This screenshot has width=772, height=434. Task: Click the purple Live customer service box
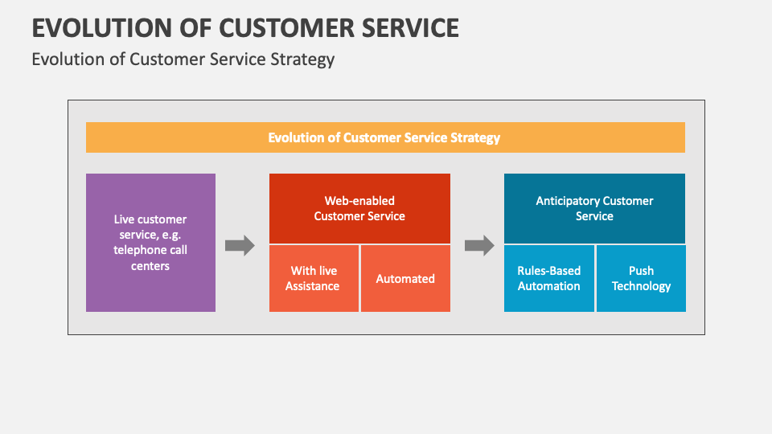point(150,242)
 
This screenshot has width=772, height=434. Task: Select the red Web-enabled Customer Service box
point(359,208)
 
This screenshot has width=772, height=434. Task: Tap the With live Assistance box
point(314,278)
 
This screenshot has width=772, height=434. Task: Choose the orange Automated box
point(405,278)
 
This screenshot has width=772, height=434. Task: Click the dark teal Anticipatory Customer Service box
point(594,208)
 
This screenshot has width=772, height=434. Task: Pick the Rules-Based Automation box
point(549,278)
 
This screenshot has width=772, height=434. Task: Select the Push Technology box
point(641,278)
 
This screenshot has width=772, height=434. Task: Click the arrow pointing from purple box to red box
point(240,245)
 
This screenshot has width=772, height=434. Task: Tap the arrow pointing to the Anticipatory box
point(479,245)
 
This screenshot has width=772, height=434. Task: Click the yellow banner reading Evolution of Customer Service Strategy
point(385,137)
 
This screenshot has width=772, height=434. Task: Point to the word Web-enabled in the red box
point(359,200)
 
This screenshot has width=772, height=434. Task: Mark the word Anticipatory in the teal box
point(568,200)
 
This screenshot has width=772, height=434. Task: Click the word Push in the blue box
point(641,270)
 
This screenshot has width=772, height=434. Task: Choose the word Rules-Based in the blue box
point(549,270)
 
